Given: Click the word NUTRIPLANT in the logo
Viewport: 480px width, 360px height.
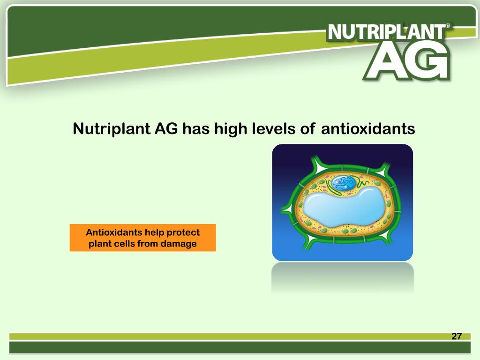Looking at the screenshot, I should point(387,32).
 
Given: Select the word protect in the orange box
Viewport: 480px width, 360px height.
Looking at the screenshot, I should point(184,232).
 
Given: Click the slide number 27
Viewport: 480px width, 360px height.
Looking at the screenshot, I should point(456,337).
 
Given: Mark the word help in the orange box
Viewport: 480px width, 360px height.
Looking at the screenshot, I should point(155,232).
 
